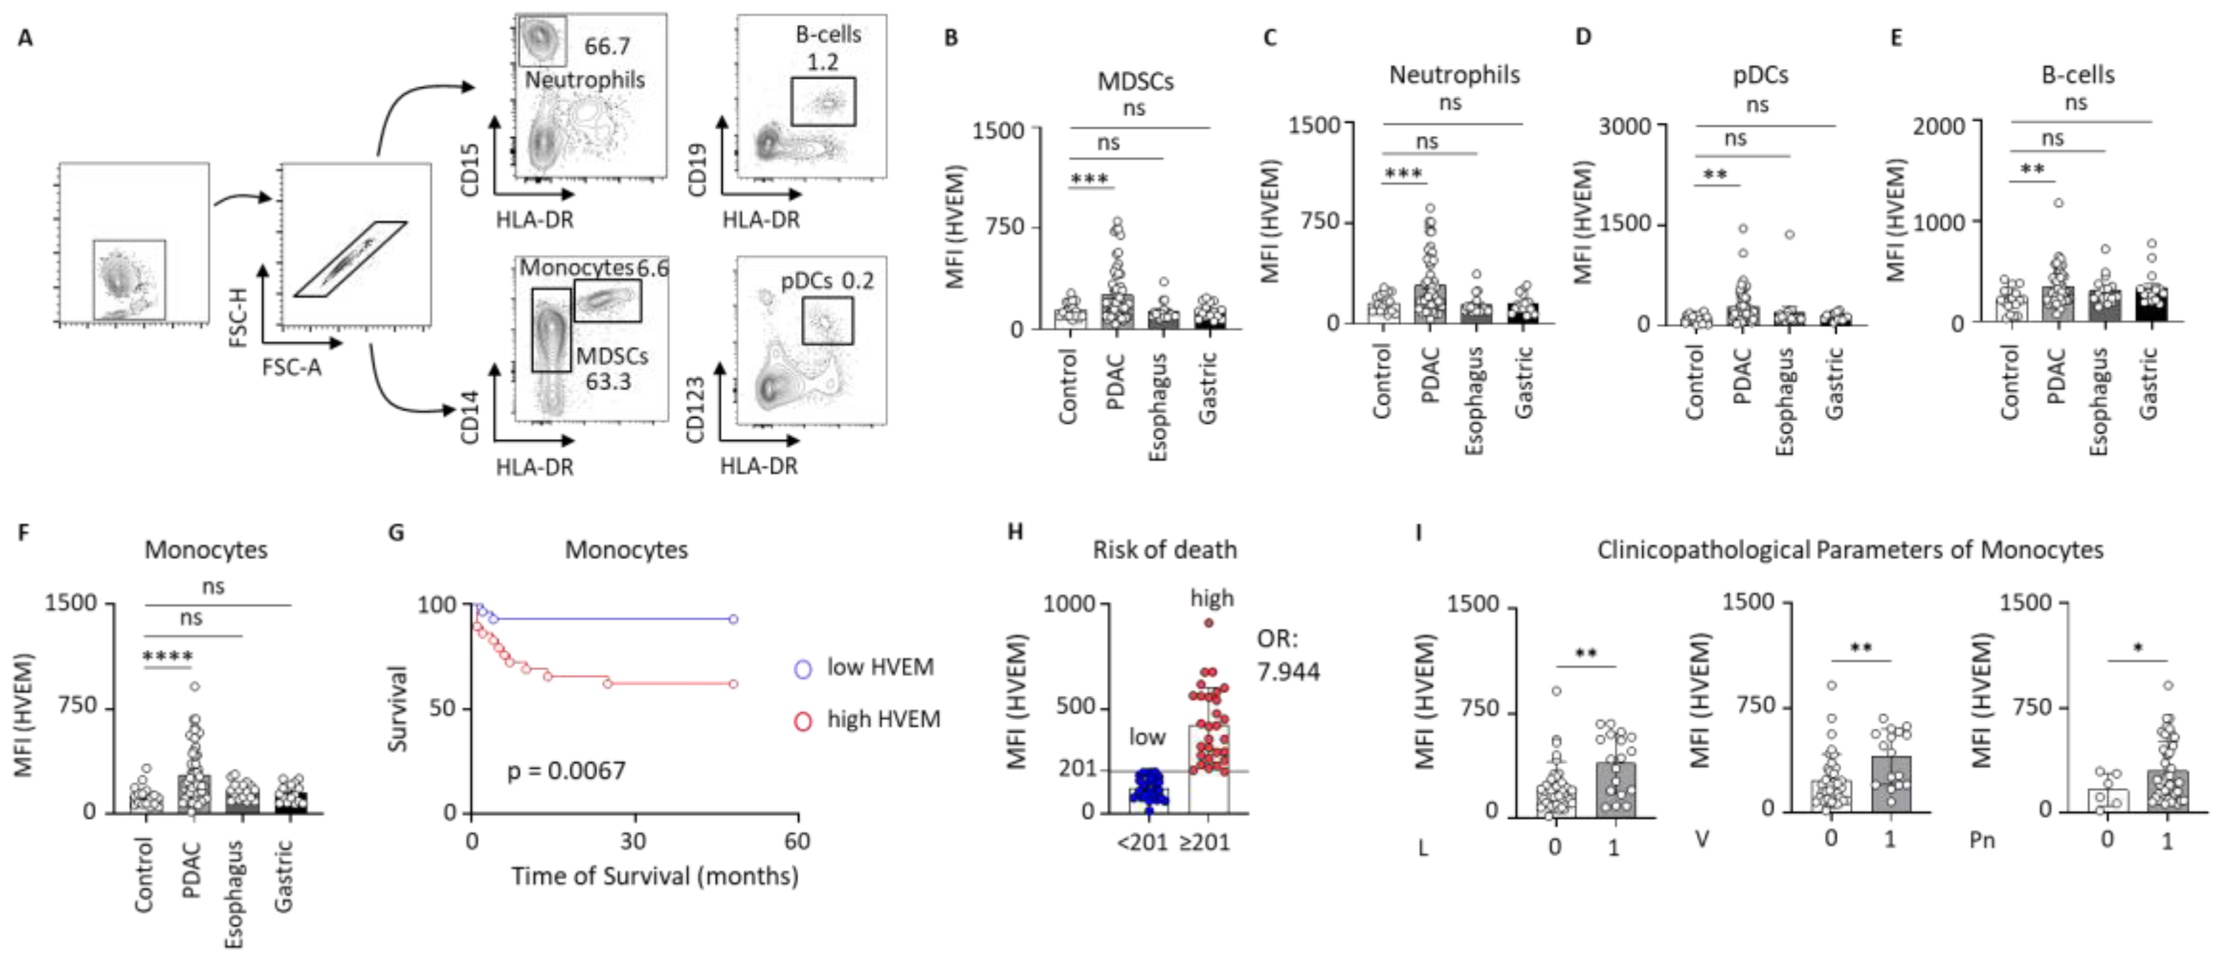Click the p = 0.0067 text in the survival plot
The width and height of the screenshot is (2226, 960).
click(x=566, y=770)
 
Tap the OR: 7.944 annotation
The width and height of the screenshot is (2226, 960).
click(x=1287, y=655)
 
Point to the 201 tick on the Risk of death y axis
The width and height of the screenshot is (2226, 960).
click(x=1078, y=768)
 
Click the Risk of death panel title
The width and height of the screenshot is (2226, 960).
click(x=1164, y=550)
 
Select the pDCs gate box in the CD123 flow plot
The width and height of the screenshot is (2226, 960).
click(x=827, y=321)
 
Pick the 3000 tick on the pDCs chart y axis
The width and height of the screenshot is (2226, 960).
click(x=1625, y=126)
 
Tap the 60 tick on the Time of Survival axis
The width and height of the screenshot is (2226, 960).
click(x=796, y=841)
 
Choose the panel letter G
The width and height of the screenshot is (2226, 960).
click(x=397, y=532)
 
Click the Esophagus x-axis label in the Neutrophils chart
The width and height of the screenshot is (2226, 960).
click(x=1474, y=400)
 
